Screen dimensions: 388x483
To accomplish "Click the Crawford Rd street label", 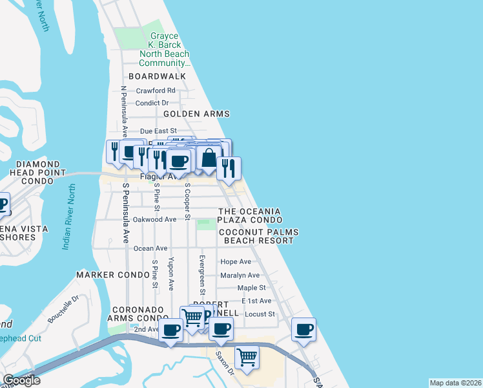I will tap(156, 91).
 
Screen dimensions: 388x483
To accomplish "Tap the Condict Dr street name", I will tap(152, 103).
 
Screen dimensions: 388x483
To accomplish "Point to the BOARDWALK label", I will tap(157, 76).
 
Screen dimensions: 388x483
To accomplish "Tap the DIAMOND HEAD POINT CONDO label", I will tap(37, 173).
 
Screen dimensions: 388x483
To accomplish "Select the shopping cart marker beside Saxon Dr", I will tap(247, 356).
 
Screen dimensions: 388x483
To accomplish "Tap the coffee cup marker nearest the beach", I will tap(303, 330).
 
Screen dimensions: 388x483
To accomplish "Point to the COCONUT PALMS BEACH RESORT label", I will tap(256, 236).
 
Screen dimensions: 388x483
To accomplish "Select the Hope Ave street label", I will tap(236, 262).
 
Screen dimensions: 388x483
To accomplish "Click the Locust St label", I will tap(261, 314).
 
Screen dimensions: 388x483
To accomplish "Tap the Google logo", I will tap(21, 380).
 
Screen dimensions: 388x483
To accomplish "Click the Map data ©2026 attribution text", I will tap(455, 383).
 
